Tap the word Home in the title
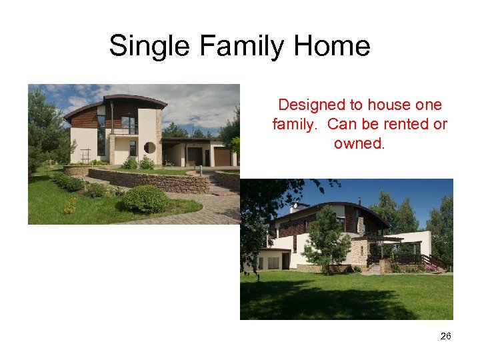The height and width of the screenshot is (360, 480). click(x=332, y=47)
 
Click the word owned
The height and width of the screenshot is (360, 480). click(x=359, y=143)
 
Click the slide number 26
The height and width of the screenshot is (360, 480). click(x=445, y=336)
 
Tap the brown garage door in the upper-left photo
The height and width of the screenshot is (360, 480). click(x=221, y=157)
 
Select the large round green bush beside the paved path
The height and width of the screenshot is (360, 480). click(x=145, y=199)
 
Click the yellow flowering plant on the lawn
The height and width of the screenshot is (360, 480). click(x=70, y=207)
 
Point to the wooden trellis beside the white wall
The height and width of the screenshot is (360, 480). click(x=85, y=155)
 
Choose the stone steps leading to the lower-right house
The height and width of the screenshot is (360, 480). click(x=374, y=269)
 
